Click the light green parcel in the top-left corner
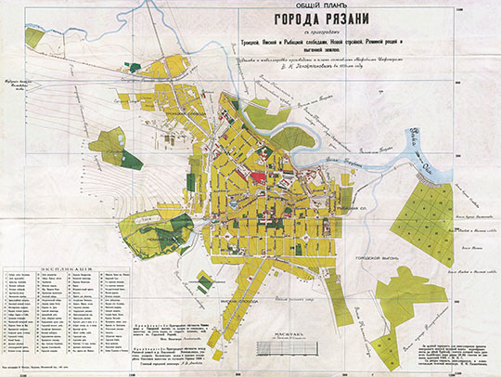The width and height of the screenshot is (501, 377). click(34, 38)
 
